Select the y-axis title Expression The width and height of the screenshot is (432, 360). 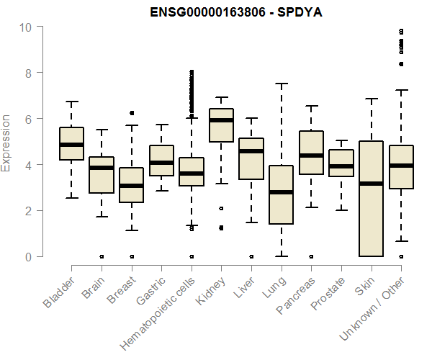[6, 143]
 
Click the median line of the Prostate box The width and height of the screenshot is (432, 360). [341, 166]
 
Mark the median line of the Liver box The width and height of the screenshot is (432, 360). [251, 151]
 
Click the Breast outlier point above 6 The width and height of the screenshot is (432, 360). [131, 113]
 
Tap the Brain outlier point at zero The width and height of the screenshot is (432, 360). [102, 256]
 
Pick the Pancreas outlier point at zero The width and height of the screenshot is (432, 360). [311, 256]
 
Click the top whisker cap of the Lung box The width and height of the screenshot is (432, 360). [281, 84]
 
